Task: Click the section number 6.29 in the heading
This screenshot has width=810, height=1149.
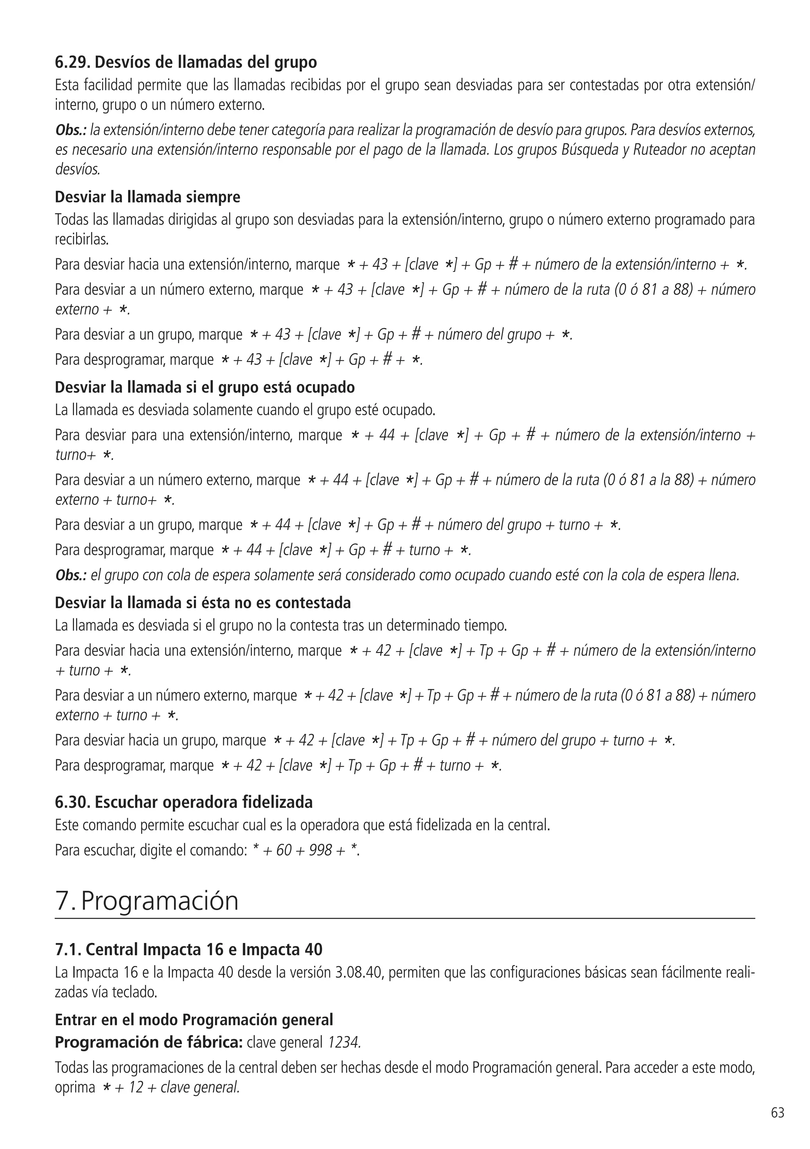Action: [72, 62]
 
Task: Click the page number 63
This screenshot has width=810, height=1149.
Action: [778, 1113]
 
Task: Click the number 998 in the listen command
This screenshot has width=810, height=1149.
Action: [320, 850]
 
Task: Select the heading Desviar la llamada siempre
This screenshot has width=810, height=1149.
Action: [147, 197]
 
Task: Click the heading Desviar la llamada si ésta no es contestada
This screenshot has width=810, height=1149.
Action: [203, 603]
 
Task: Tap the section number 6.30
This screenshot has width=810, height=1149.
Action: [72, 802]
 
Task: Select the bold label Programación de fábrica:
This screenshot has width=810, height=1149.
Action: [149, 1042]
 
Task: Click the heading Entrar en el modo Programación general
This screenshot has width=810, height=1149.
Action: [194, 1019]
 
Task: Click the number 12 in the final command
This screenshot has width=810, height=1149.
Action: [136, 1087]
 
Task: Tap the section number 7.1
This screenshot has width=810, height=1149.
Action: [68, 949]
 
